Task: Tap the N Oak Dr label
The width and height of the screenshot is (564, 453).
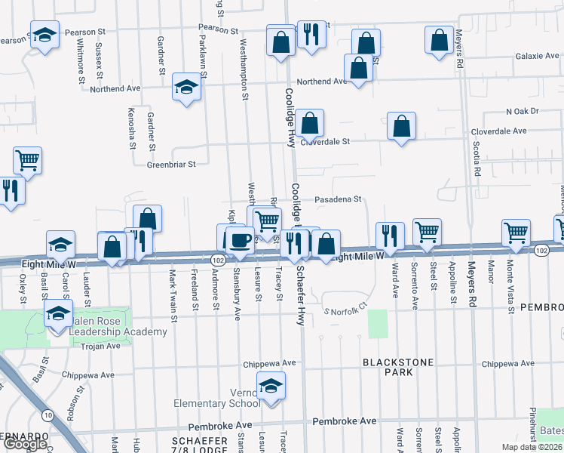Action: [523, 111]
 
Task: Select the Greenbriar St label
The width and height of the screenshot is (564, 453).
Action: [171, 164]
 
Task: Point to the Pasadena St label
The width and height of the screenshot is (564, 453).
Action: [338, 199]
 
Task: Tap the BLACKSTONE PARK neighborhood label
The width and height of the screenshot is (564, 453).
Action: [398, 367]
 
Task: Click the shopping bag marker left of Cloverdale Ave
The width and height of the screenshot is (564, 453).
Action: [402, 126]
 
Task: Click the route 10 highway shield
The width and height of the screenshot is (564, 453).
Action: [48, 414]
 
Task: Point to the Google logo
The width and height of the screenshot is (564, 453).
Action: [25, 444]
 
